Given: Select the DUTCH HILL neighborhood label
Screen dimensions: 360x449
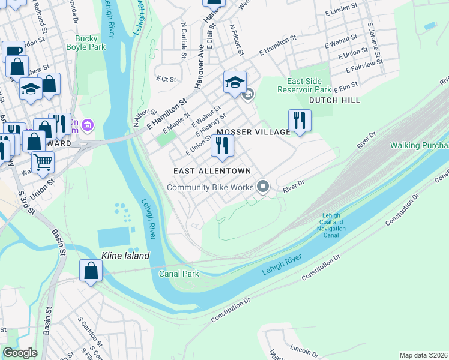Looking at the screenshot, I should point(334,100).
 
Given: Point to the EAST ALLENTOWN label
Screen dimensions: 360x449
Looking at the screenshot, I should point(212,171).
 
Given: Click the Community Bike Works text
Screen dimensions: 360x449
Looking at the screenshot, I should point(210,187).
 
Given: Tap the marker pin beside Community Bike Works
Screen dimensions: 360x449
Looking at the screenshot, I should point(262,187).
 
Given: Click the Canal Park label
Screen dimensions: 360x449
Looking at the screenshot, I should point(178,274).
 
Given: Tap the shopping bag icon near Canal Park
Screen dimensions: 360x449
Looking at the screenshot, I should point(91,270).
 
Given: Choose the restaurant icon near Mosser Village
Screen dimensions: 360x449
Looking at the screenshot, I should point(222,145).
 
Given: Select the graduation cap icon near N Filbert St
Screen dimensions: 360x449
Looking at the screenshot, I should point(235,82).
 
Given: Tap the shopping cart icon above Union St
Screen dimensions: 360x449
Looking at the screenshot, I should point(42,161).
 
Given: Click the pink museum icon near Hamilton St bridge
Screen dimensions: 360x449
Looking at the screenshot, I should point(88,125).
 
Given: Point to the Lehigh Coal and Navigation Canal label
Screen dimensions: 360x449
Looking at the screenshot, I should point(334,225).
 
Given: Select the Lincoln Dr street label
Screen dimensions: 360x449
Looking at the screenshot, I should point(303,349).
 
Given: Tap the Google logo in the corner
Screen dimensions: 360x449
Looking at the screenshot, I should point(20,353).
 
